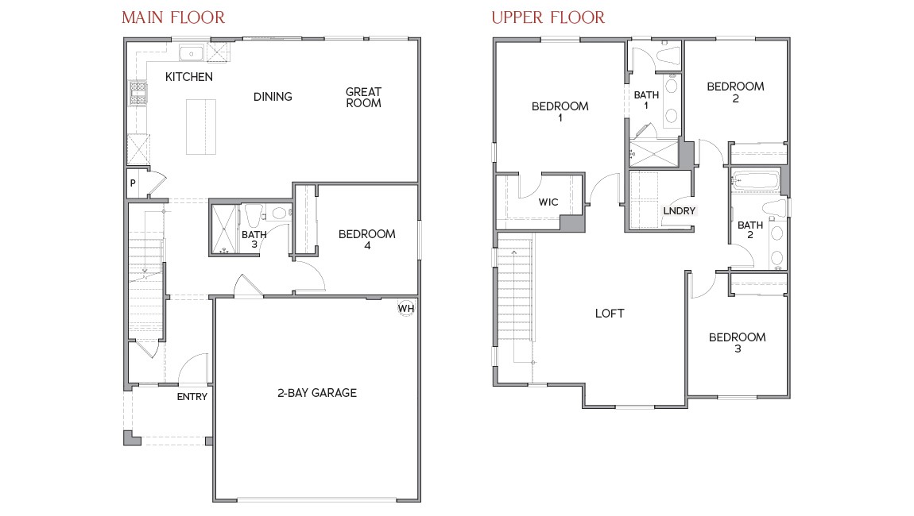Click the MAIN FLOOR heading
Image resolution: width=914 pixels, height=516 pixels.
click(x=173, y=17)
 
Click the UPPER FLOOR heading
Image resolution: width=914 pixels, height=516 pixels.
click(x=548, y=17)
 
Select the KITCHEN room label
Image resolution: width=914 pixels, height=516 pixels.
click(x=189, y=77)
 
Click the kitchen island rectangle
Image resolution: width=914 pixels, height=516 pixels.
click(x=201, y=126)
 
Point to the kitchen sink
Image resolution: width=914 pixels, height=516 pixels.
click(x=192, y=54)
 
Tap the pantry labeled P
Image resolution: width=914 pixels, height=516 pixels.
click(x=133, y=183)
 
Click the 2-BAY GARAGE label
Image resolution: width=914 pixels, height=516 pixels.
click(x=316, y=393)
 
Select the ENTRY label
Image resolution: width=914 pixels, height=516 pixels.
click(x=192, y=397)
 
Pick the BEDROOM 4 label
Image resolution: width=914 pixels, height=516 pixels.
click(x=366, y=240)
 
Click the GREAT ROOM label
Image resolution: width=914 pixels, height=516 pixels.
click(x=363, y=98)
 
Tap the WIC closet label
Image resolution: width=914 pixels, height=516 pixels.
click(x=548, y=202)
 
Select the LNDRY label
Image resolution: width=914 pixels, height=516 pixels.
click(x=680, y=211)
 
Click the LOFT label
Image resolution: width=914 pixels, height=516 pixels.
click(x=610, y=314)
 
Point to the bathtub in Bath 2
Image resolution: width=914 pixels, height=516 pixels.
click(x=755, y=181)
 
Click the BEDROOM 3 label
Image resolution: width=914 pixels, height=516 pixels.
click(x=737, y=343)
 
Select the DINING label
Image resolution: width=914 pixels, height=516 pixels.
click(x=273, y=97)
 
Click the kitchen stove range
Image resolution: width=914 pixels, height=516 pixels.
click(x=139, y=94)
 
